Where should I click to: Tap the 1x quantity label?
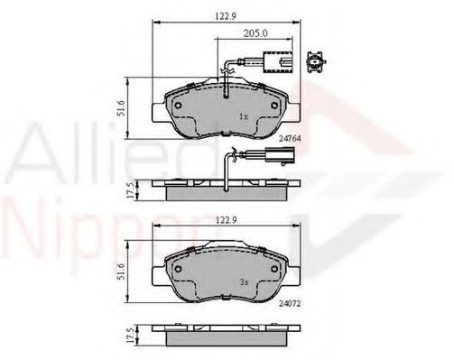point(243,116)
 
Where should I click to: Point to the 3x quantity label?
point(243,282)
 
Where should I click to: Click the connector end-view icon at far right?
point(317,63)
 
